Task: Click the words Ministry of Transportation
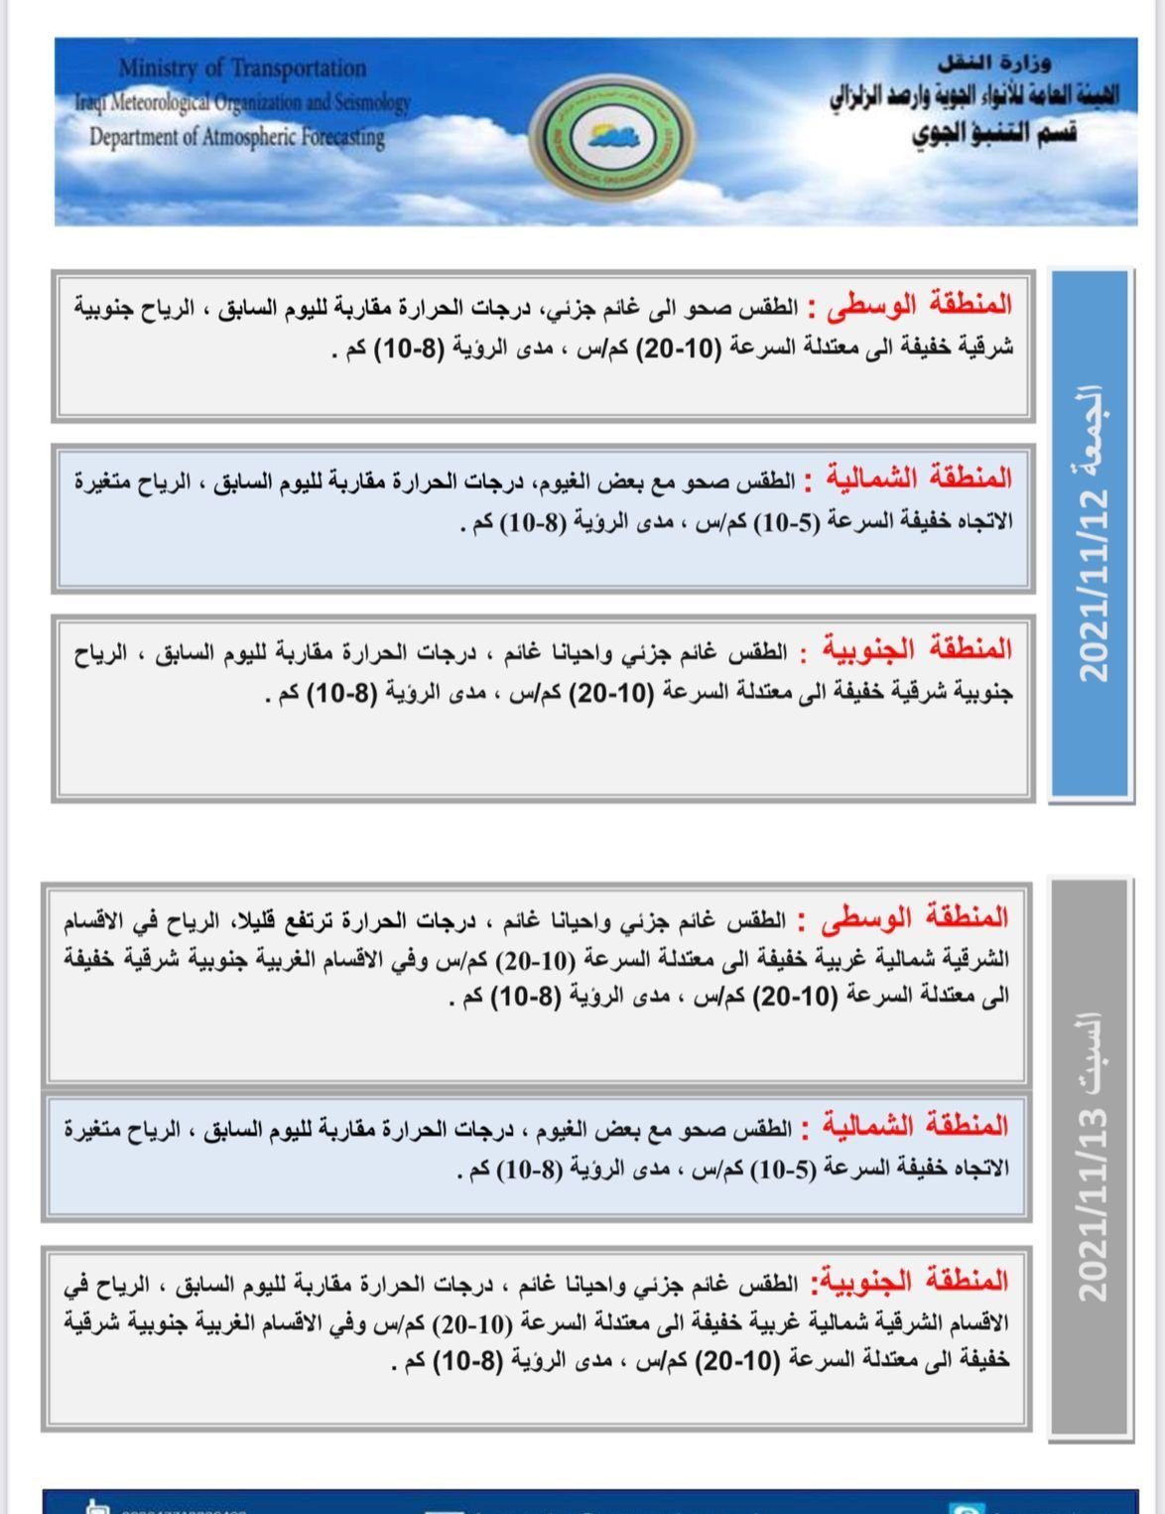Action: (242, 69)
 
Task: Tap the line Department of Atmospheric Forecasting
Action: (237, 136)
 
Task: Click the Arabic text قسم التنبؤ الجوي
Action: (993, 134)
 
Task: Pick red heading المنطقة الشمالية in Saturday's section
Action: (916, 1126)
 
